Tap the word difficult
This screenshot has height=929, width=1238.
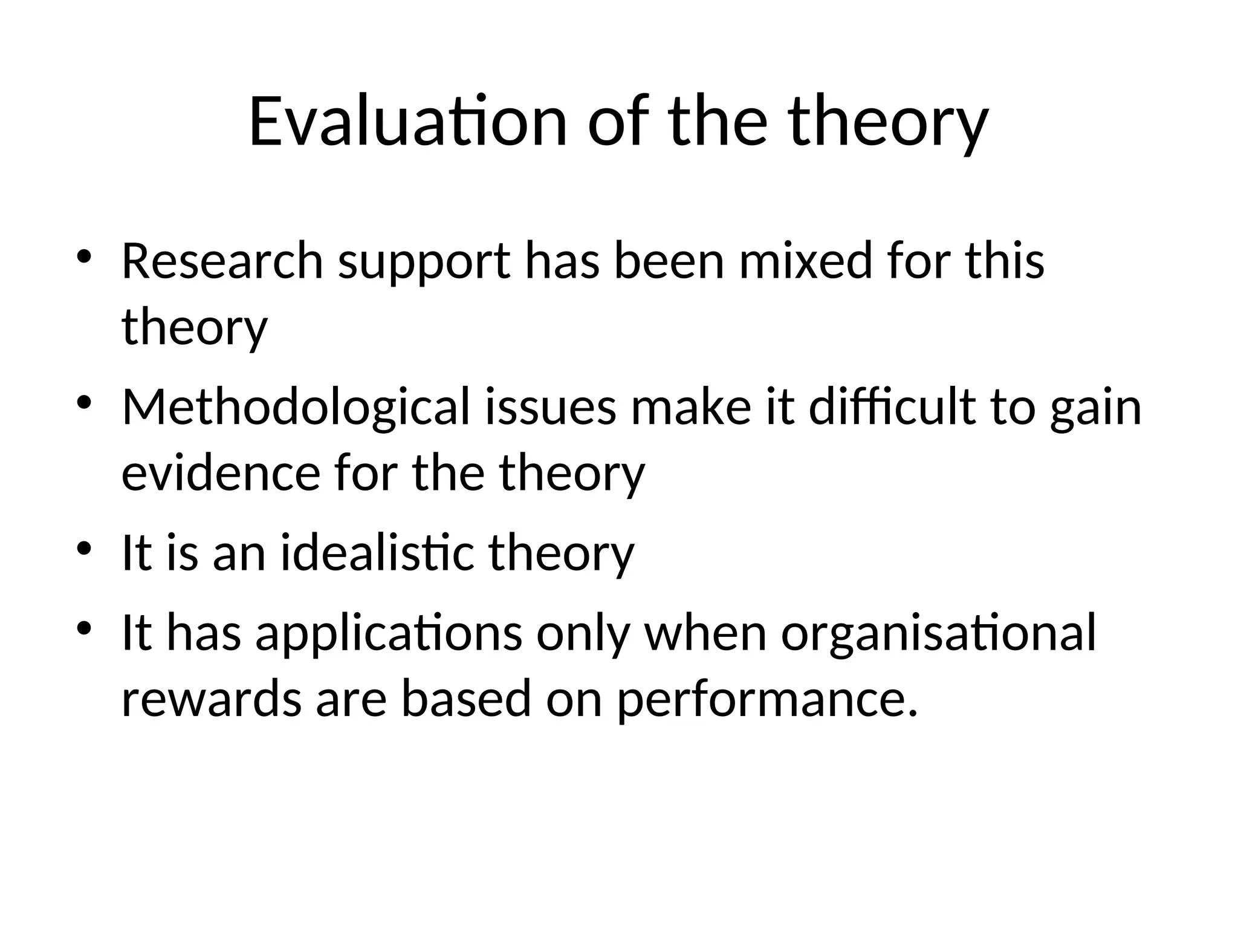click(x=892, y=406)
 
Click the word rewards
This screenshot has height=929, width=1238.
click(x=211, y=699)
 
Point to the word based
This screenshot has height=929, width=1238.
click(x=466, y=699)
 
